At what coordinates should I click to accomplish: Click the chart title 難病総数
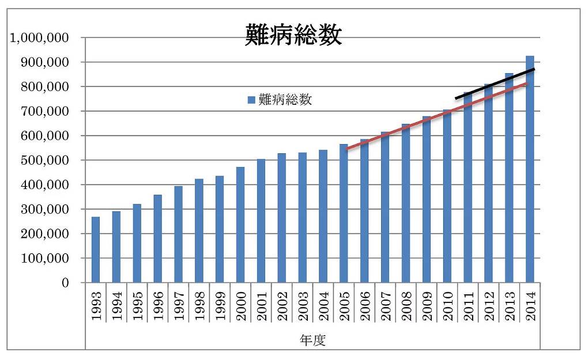tap(293, 35)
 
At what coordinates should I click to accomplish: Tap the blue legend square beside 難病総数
tap(251, 100)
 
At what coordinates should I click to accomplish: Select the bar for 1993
tap(96, 249)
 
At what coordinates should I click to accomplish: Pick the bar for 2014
tap(530, 169)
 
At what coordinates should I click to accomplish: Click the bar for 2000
tap(240, 225)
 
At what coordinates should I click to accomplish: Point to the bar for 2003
tap(303, 218)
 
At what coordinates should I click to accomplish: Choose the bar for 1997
tap(179, 234)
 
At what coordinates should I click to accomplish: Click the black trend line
tap(495, 84)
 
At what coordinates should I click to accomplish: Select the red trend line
tap(436, 116)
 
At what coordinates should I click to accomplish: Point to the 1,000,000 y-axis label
tap(39, 38)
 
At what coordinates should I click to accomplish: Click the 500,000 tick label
tap(45, 160)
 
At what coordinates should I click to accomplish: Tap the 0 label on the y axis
tap(65, 283)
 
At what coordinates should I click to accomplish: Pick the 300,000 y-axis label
tap(45, 210)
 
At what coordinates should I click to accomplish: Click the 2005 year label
tap(344, 306)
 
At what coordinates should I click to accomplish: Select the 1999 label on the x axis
tap(220, 306)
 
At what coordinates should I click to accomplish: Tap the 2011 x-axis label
tap(468, 306)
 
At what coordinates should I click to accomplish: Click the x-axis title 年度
tap(312, 340)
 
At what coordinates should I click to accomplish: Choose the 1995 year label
tap(137, 306)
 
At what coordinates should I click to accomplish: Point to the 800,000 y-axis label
tap(45, 87)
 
